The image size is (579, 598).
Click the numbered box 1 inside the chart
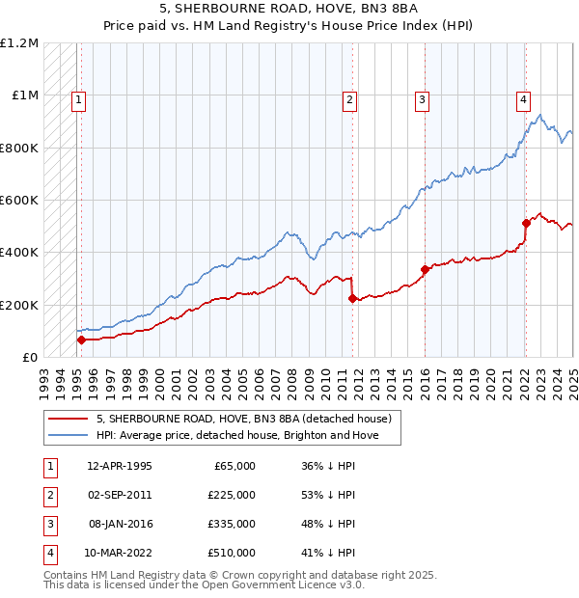[x=78, y=98]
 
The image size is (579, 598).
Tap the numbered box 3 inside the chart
[x=423, y=98]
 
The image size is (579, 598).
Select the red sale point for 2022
[x=526, y=223]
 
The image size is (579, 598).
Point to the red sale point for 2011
[x=352, y=298]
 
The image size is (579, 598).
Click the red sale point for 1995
[x=81, y=340]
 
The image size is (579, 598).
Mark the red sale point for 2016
[x=425, y=269]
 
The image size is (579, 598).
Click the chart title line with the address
[x=289, y=11]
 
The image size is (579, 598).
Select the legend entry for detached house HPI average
[x=236, y=436]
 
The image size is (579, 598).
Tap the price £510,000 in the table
[x=233, y=553]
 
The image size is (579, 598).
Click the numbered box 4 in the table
[x=48, y=553]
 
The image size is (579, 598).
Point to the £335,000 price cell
[x=233, y=524]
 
